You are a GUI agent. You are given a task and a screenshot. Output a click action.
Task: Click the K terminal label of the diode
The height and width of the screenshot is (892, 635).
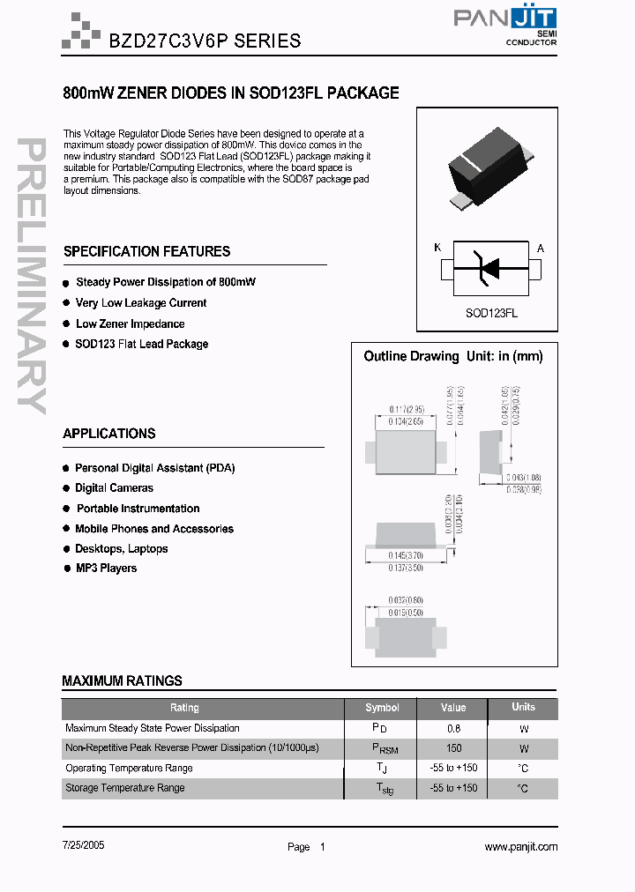(437, 249)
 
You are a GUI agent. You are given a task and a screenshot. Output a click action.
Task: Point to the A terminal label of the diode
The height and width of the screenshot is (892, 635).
(541, 249)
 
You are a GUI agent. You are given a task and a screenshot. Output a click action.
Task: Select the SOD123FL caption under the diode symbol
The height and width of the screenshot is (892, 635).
(491, 313)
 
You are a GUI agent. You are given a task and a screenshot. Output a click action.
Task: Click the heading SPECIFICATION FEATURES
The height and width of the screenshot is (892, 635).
(146, 252)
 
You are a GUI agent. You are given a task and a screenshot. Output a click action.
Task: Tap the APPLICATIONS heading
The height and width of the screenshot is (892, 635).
(109, 434)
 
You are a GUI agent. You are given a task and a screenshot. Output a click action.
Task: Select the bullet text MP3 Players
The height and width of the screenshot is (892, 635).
(106, 569)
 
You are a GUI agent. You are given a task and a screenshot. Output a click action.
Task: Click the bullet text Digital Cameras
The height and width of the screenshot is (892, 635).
(114, 488)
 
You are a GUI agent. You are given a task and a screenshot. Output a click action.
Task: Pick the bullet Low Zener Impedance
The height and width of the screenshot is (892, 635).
(131, 324)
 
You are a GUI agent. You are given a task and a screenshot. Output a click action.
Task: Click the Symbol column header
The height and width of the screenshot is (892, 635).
(382, 708)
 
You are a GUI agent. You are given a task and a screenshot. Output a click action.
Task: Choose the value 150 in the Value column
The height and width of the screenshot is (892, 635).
(454, 748)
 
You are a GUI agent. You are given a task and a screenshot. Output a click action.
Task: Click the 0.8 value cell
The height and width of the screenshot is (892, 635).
(453, 729)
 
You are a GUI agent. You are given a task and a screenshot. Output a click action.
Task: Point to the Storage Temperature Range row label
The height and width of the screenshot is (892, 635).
(124, 788)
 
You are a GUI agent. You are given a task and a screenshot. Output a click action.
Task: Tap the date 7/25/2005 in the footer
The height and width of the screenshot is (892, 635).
(85, 844)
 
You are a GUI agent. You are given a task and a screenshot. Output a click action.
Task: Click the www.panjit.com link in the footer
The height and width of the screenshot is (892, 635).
(520, 846)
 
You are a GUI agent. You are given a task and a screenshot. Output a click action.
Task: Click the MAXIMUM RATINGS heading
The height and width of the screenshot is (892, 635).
(122, 680)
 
